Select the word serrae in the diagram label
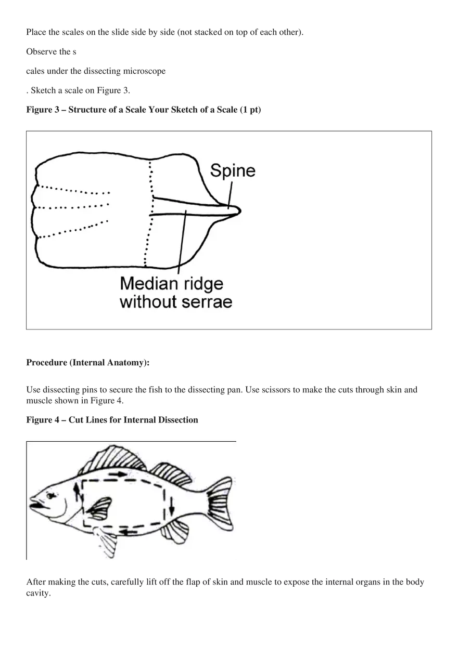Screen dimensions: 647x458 207,301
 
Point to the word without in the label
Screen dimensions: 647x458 147,301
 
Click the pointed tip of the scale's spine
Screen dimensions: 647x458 238,210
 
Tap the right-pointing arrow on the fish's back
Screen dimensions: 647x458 119,474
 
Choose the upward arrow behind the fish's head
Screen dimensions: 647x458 79,491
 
